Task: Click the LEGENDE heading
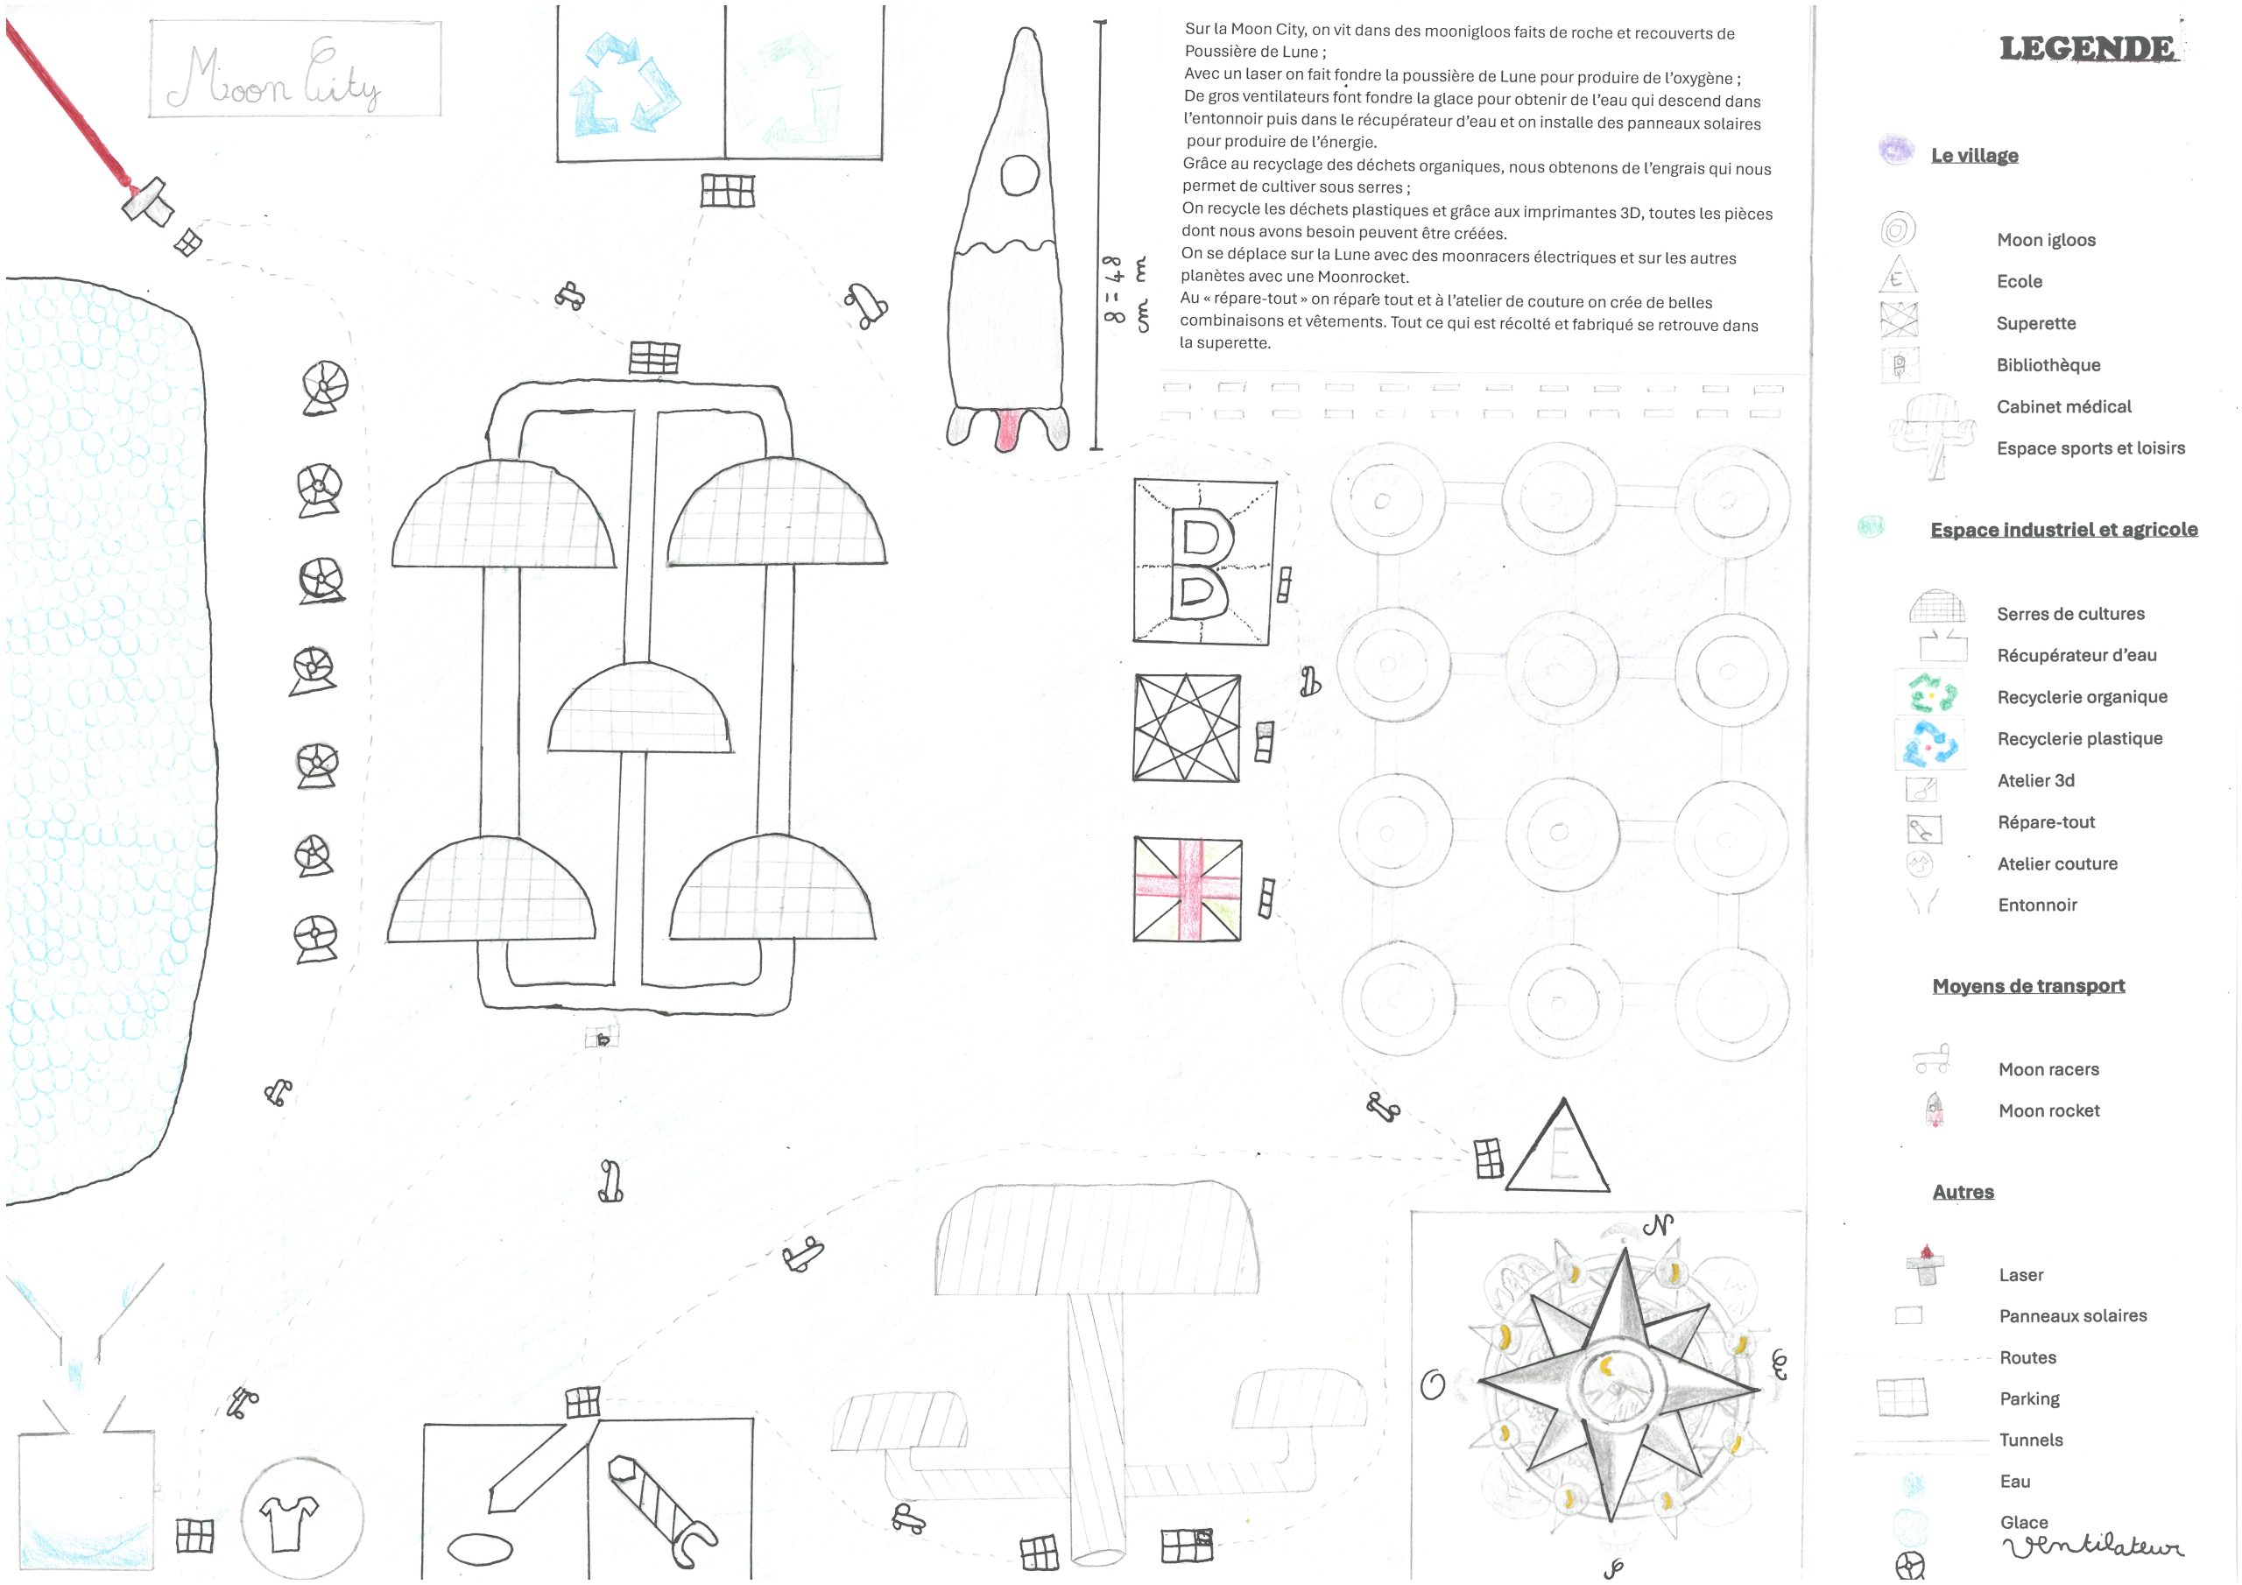[2087, 48]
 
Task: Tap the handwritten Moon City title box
[295, 69]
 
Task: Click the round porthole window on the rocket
[1020, 176]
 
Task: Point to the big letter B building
[1204, 561]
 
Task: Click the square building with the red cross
[1188, 889]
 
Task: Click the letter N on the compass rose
[1658, 1223]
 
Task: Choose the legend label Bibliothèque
[2048, 365]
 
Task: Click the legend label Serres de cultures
[2070, 614]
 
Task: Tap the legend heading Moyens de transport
[2028, 986]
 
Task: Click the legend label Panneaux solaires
[2073, 1316]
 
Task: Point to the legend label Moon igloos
[2046, 240]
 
